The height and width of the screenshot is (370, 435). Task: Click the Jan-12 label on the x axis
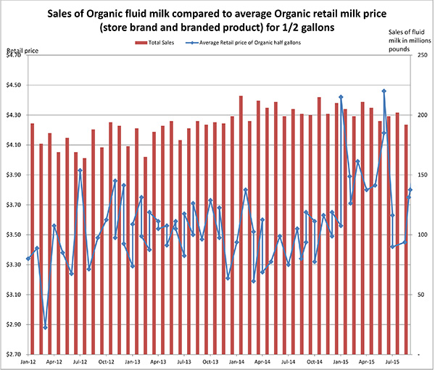[x=30, y=361]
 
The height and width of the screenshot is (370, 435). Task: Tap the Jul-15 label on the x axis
[x=392, y=361]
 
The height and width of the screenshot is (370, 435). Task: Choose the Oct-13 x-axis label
[x=211, y=361]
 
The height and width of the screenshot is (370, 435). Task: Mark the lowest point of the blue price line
[x=45, y=327]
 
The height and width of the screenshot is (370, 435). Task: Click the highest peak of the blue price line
[x=384, y=91]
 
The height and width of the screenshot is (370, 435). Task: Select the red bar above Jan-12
[x=32, y=239]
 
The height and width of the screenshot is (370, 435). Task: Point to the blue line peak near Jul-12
[x=80, y=170]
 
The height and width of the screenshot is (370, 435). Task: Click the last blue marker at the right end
[x=410, y=190]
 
